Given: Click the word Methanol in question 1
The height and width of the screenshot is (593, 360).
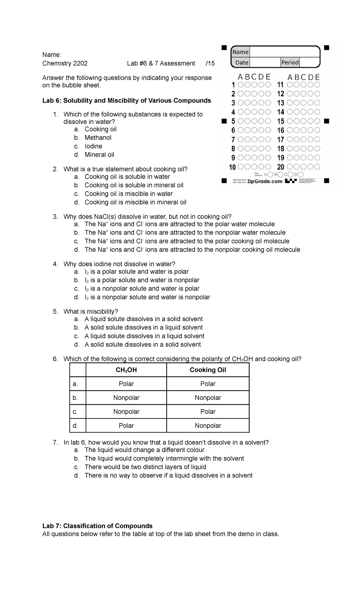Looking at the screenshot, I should click(x=98, y=138).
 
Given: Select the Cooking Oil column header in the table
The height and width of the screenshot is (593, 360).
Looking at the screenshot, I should click(x=208, y=370).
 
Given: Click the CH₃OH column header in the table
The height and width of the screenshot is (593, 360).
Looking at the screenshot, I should click(x=126, y=370).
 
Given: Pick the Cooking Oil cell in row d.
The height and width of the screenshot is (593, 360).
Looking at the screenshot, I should click(x=208, y=426).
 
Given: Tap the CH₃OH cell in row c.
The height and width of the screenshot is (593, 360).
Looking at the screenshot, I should click(x=126, y=412).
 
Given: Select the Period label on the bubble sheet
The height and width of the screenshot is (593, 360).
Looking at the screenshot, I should click(x=290, y=62).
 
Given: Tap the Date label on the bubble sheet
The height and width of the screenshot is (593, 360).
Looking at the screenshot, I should click(x=242, y=62).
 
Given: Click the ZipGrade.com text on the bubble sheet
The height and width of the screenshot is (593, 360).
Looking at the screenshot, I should click(x=265, y=181).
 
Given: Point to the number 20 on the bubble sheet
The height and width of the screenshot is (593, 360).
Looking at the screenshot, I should click(x=281, y=167).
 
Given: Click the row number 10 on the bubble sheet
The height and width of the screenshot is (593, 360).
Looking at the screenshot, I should click(x=232, y=167).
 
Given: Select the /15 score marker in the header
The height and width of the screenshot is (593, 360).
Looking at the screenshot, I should click(x=210, y=63).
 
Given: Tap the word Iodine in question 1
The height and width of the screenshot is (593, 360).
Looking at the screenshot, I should click(x=93, y=146).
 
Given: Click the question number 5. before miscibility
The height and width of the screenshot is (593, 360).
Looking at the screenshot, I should click(x=55, y=312).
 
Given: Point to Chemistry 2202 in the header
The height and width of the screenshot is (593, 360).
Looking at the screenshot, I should click(x=65, y=63).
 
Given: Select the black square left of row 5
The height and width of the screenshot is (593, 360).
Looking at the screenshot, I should click(x=223, y=121).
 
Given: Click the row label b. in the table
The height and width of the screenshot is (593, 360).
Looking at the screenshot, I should click(x=75, y=398).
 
